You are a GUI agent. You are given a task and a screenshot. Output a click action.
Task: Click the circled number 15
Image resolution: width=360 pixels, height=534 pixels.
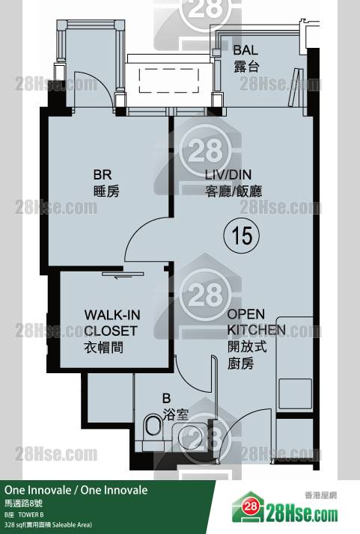tap(241, 235)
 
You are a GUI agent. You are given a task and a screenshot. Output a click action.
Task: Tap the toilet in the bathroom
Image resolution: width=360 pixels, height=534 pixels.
tap(153, 426)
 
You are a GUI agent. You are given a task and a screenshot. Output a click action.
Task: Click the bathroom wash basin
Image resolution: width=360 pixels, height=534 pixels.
tap(189, 436)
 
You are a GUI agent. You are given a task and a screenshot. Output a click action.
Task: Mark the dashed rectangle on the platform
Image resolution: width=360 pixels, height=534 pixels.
tap(168, 80)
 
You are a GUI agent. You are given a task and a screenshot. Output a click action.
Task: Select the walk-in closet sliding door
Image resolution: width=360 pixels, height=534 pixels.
tap(122, 274)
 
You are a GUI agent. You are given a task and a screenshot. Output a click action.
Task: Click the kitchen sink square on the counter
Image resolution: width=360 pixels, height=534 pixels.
tap(295, 393)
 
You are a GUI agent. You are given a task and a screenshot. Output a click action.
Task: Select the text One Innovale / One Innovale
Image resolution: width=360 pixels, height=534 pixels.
tap(76, 490)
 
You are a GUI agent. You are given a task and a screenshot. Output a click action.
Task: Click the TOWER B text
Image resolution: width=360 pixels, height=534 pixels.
tap(31, 515)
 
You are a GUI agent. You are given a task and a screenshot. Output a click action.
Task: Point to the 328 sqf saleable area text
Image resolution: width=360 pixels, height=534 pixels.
tap(48, 525)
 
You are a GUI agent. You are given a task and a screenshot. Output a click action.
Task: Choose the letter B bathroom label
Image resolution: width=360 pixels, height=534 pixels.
tap(166, 398)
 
